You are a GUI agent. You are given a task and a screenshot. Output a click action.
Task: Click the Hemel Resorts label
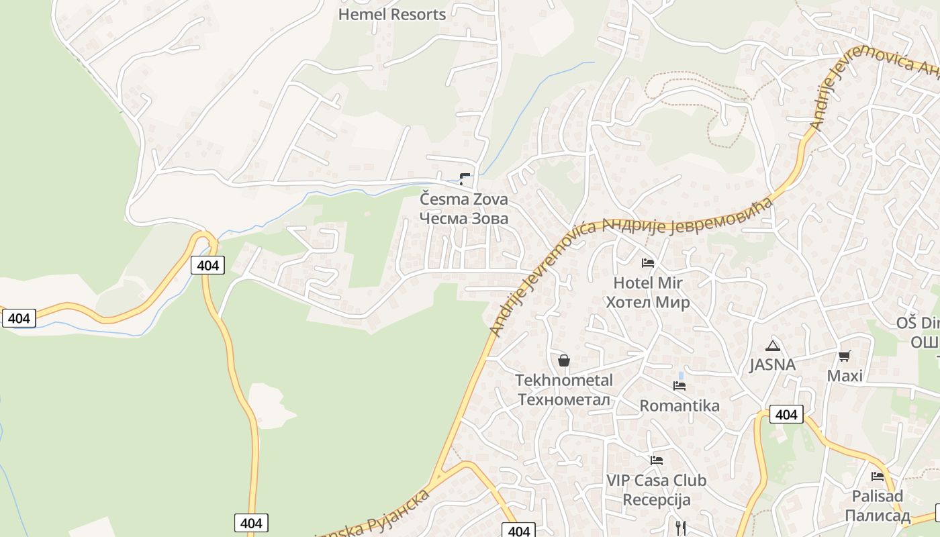pos(391,14)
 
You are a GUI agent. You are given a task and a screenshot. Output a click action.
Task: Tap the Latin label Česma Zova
pos(464,199)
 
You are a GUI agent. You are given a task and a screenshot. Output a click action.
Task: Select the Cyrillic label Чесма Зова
pos(464,218)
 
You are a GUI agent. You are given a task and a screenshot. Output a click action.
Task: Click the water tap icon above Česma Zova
pos(465,179)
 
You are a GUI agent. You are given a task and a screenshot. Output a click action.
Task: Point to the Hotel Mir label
pos(648,283)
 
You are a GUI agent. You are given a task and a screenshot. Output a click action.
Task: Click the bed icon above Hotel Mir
pos(648,262)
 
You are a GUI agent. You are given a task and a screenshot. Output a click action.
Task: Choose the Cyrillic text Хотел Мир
pos(648,302)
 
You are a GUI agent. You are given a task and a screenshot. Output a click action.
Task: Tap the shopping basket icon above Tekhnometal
pos(564,361)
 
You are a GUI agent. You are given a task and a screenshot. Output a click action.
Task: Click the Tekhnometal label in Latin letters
pos(564,380)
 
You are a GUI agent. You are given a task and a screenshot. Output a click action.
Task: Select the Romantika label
pos(679,405)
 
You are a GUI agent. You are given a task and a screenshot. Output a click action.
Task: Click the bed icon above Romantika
pos(679,386)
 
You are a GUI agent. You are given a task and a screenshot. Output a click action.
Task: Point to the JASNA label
pos(773,364)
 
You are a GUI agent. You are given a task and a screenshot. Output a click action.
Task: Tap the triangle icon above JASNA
pos(773,346)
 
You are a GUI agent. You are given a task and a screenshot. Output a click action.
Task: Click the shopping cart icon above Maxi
pos(845,356)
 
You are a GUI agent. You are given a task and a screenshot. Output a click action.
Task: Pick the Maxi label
pos(845,375)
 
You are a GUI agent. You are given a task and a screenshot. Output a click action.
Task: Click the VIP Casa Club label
pos(656,481)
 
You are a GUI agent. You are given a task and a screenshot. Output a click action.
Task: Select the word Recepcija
pos(656,500)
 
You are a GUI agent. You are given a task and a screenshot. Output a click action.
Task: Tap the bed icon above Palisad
pos(878,477)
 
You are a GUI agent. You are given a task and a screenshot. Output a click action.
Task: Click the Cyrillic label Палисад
pos(878,516)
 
